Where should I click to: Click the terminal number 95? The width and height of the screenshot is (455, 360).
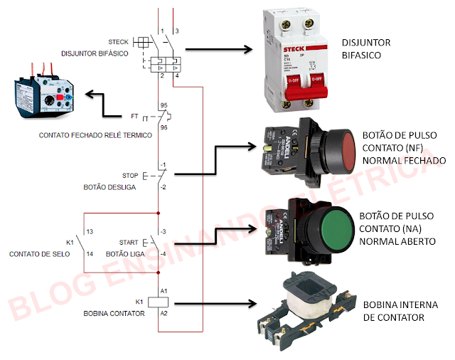click(x=164, y=105)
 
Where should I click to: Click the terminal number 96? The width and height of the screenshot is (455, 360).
click(x=164, y=127)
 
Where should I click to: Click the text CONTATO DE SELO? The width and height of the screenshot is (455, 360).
click(x=39, y=253)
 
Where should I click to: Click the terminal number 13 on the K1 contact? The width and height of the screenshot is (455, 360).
click(x=90, y=232)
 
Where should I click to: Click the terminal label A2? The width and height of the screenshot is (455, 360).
click(x=164, y=313)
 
